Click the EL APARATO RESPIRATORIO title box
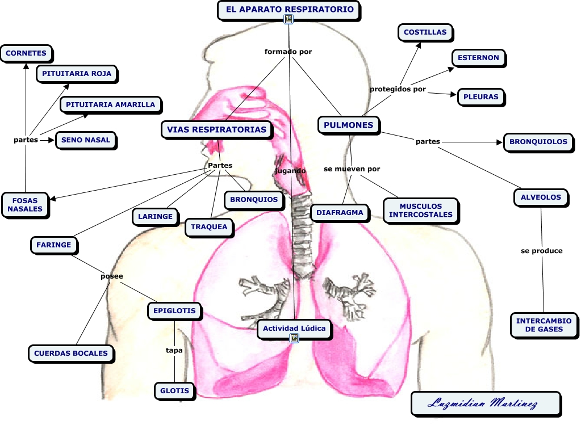(x=289, y=9)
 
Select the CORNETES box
(x=26, y=53)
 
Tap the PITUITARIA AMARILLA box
(x=110, y=104)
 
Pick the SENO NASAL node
(x=85, y=140)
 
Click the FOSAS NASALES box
(x=25, y=204)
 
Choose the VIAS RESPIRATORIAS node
(x=216, y=129)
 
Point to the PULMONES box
(x=348, y=125)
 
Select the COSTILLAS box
(x=425, y=33)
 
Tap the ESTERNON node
(x=478, y=57)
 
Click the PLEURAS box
(x=480, y=96)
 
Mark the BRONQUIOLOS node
(x=538, y=142)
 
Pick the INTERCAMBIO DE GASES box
(x=544, y=325)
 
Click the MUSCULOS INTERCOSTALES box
(x=420, y=211)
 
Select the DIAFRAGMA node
(x=340, y=213)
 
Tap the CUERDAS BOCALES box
(x=70, y=353)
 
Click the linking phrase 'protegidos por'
(x=398, y=89)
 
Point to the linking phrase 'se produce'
(x=541, y=250)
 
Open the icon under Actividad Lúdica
(x=294, y=338)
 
